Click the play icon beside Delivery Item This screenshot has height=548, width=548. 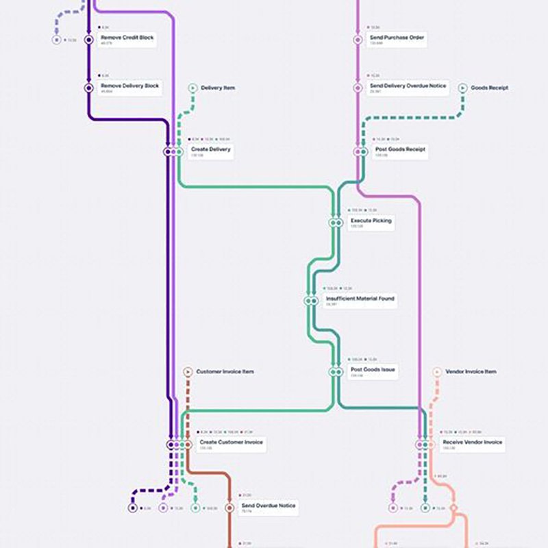(193, 88)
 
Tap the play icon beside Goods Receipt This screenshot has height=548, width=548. (463, 88)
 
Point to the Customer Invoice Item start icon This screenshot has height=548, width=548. (187, 371)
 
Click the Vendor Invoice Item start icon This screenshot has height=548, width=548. (436, 371)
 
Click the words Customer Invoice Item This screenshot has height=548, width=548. (225, 371)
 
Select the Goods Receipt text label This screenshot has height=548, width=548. (489, 88)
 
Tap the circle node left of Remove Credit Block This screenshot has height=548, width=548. (88, 40)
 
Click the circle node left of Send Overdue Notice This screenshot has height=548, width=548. (228, 508)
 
